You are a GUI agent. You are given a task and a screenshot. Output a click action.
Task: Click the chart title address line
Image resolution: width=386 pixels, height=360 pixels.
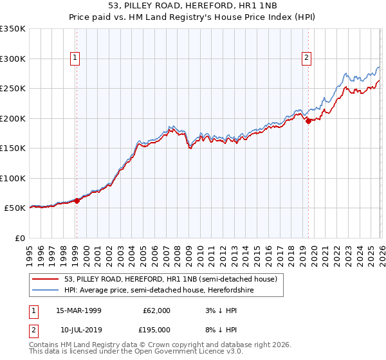(x=193, y=6)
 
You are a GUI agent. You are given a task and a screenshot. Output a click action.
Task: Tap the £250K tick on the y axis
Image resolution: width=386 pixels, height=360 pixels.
(x=13, y=88)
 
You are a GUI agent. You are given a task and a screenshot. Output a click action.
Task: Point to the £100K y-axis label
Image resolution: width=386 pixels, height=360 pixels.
(x=13, y=178)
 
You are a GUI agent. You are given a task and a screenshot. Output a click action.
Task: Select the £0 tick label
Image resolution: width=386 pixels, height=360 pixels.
(x=19, y=238)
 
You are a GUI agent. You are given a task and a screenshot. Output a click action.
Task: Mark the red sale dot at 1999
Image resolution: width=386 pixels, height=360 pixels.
(x=77, y=201)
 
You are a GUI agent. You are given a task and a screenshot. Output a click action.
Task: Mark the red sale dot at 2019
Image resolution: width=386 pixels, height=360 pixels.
(x=308, y=121)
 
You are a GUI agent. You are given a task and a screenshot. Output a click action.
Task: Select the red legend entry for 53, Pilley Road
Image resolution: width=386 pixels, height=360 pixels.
(x=170, y=279)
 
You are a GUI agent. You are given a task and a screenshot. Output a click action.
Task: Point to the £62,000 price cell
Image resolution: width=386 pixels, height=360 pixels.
(x=155, y=310)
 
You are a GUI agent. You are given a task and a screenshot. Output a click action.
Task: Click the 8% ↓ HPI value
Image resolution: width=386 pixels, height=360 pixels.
(x=218, y=329)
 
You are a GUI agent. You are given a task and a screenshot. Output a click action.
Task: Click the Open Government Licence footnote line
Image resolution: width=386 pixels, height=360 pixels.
(x=136, y=352)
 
